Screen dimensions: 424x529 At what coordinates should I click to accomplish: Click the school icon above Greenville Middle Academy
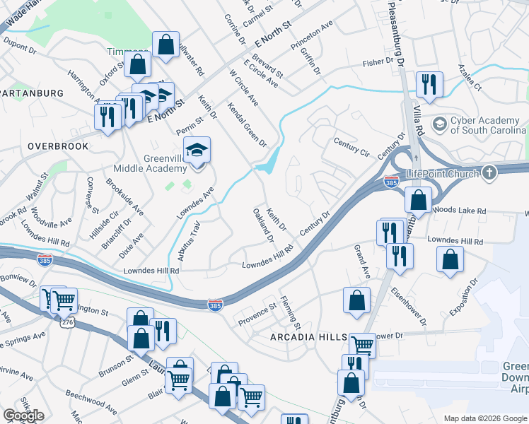197,150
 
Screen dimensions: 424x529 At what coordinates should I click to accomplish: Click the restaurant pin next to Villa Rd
429,85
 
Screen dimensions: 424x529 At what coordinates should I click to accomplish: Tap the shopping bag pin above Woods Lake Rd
418,199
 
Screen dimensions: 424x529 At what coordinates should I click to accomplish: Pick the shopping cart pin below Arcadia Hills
362,346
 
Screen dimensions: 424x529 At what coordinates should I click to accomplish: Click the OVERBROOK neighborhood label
58,146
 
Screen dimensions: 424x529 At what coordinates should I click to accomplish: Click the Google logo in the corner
23,416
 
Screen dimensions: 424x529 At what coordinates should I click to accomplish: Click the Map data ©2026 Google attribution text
484,418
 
